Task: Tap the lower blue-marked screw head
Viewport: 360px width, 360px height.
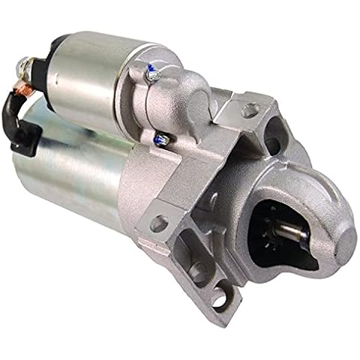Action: (x=160, y=138)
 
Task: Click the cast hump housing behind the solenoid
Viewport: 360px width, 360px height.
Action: (x=180, y=82)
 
